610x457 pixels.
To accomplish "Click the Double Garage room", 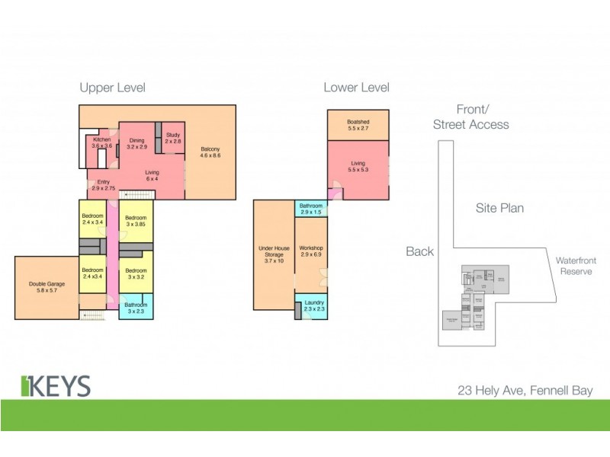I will pos(46,287).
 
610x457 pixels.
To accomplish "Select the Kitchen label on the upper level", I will pos(103,143).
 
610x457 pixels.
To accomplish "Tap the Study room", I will pos(173,139).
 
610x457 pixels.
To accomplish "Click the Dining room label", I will pos(136,143).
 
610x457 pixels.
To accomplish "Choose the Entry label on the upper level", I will pos(102,184).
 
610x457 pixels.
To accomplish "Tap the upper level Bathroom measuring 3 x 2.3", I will pos(136,308).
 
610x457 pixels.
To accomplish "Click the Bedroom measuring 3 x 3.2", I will pos(136,273).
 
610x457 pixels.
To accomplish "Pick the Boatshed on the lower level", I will pos(358,125).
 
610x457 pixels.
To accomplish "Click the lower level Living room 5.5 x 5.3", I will pos(358,166).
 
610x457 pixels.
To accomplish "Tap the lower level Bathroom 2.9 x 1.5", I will pos(311,209).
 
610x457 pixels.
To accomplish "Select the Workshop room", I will pos(311,251).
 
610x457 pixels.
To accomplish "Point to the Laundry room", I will pos(313,306).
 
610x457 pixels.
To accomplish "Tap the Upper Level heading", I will pos(113,88).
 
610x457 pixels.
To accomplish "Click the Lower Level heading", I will pos(356,88).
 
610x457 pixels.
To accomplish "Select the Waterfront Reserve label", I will pos(576,266).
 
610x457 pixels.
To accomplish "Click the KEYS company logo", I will pos(56,385).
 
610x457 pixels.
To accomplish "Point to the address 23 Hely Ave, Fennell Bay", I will pos(525,391).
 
